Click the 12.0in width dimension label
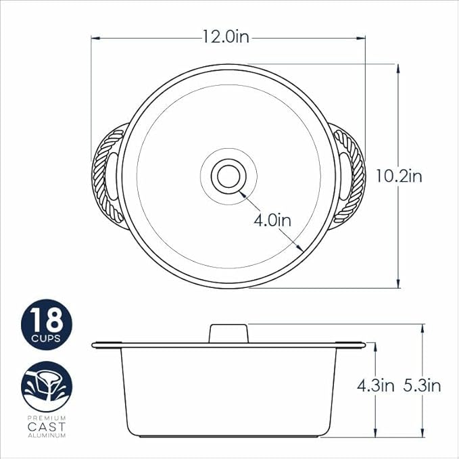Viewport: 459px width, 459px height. (226, 37)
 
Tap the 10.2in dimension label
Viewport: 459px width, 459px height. (399, 176)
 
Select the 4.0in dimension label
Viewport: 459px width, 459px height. (272, 220)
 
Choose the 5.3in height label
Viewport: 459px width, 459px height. (422, 386)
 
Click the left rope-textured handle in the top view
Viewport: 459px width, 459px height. (109, 176)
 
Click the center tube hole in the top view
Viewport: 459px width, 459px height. (228, 176)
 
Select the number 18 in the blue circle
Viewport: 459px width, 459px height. (47, 320)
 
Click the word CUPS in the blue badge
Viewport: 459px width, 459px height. (46, 339)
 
